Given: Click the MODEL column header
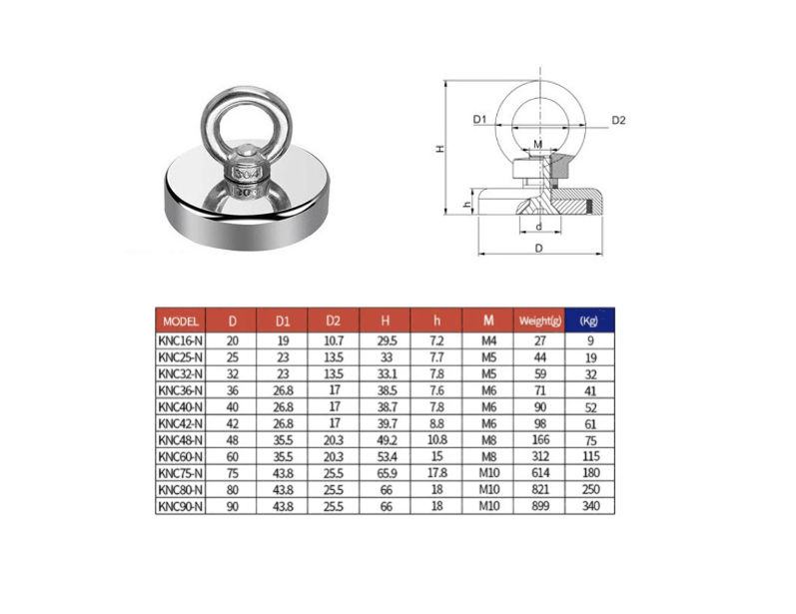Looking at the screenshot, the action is [x=180, y=321].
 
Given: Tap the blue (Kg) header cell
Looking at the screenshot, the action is [x=589, y=320].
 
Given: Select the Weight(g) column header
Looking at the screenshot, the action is [x=540, y=320].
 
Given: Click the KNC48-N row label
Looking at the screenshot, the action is [x=180, y=440].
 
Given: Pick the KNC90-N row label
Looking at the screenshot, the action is [x=180, y=506].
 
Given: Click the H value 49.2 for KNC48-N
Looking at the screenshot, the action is [x=386, y=440].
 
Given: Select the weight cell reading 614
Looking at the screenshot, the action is [x=540, y=473].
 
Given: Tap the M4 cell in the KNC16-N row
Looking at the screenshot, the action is [x=488, y=341].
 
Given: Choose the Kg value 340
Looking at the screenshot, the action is [x=591, y=506].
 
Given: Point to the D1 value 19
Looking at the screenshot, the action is [x=283, y=341].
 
